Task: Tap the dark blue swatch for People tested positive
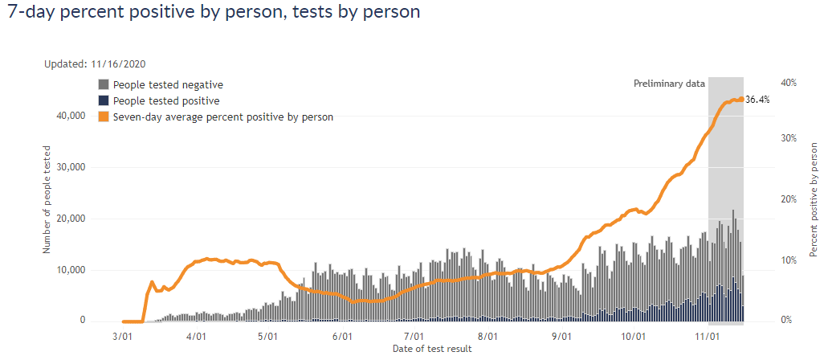coord(104,101)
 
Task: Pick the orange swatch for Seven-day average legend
coord(104,117)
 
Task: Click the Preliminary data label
coord(669,84)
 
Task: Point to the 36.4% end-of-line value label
coord(757,100)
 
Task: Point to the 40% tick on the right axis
coord(788,83)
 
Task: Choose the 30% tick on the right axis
coord(788,138)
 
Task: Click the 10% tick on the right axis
coord(788,260)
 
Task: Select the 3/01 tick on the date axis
coord(123,337)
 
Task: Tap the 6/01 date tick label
coord(342,337)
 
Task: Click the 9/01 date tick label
coord(562,337)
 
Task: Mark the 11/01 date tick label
coord(708,337)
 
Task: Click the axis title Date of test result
coord(432,349)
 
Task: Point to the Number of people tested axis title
coord(47,199)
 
